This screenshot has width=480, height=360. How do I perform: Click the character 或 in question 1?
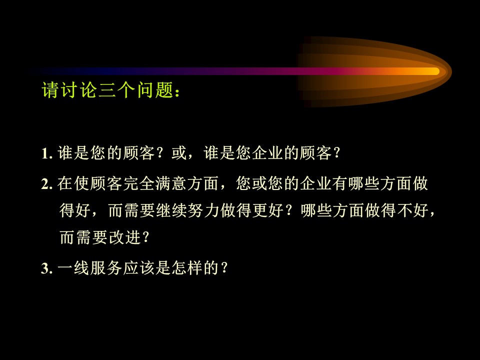click(x=179, y=152)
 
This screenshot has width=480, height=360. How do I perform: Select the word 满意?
click(x=171, y=183)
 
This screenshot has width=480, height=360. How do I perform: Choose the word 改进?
click(x=125, y=237)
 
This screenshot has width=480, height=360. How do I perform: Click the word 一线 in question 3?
click(x=73, y=268)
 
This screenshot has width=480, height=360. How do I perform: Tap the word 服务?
click(x=106, y=268)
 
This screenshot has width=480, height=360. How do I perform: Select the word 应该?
click(x=138, y=268)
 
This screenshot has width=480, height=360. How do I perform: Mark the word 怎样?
click(x=187, y=268)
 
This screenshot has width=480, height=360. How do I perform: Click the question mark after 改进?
click(x=145, y=237)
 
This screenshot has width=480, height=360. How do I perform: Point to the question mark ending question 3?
click(x=224, y=268)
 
